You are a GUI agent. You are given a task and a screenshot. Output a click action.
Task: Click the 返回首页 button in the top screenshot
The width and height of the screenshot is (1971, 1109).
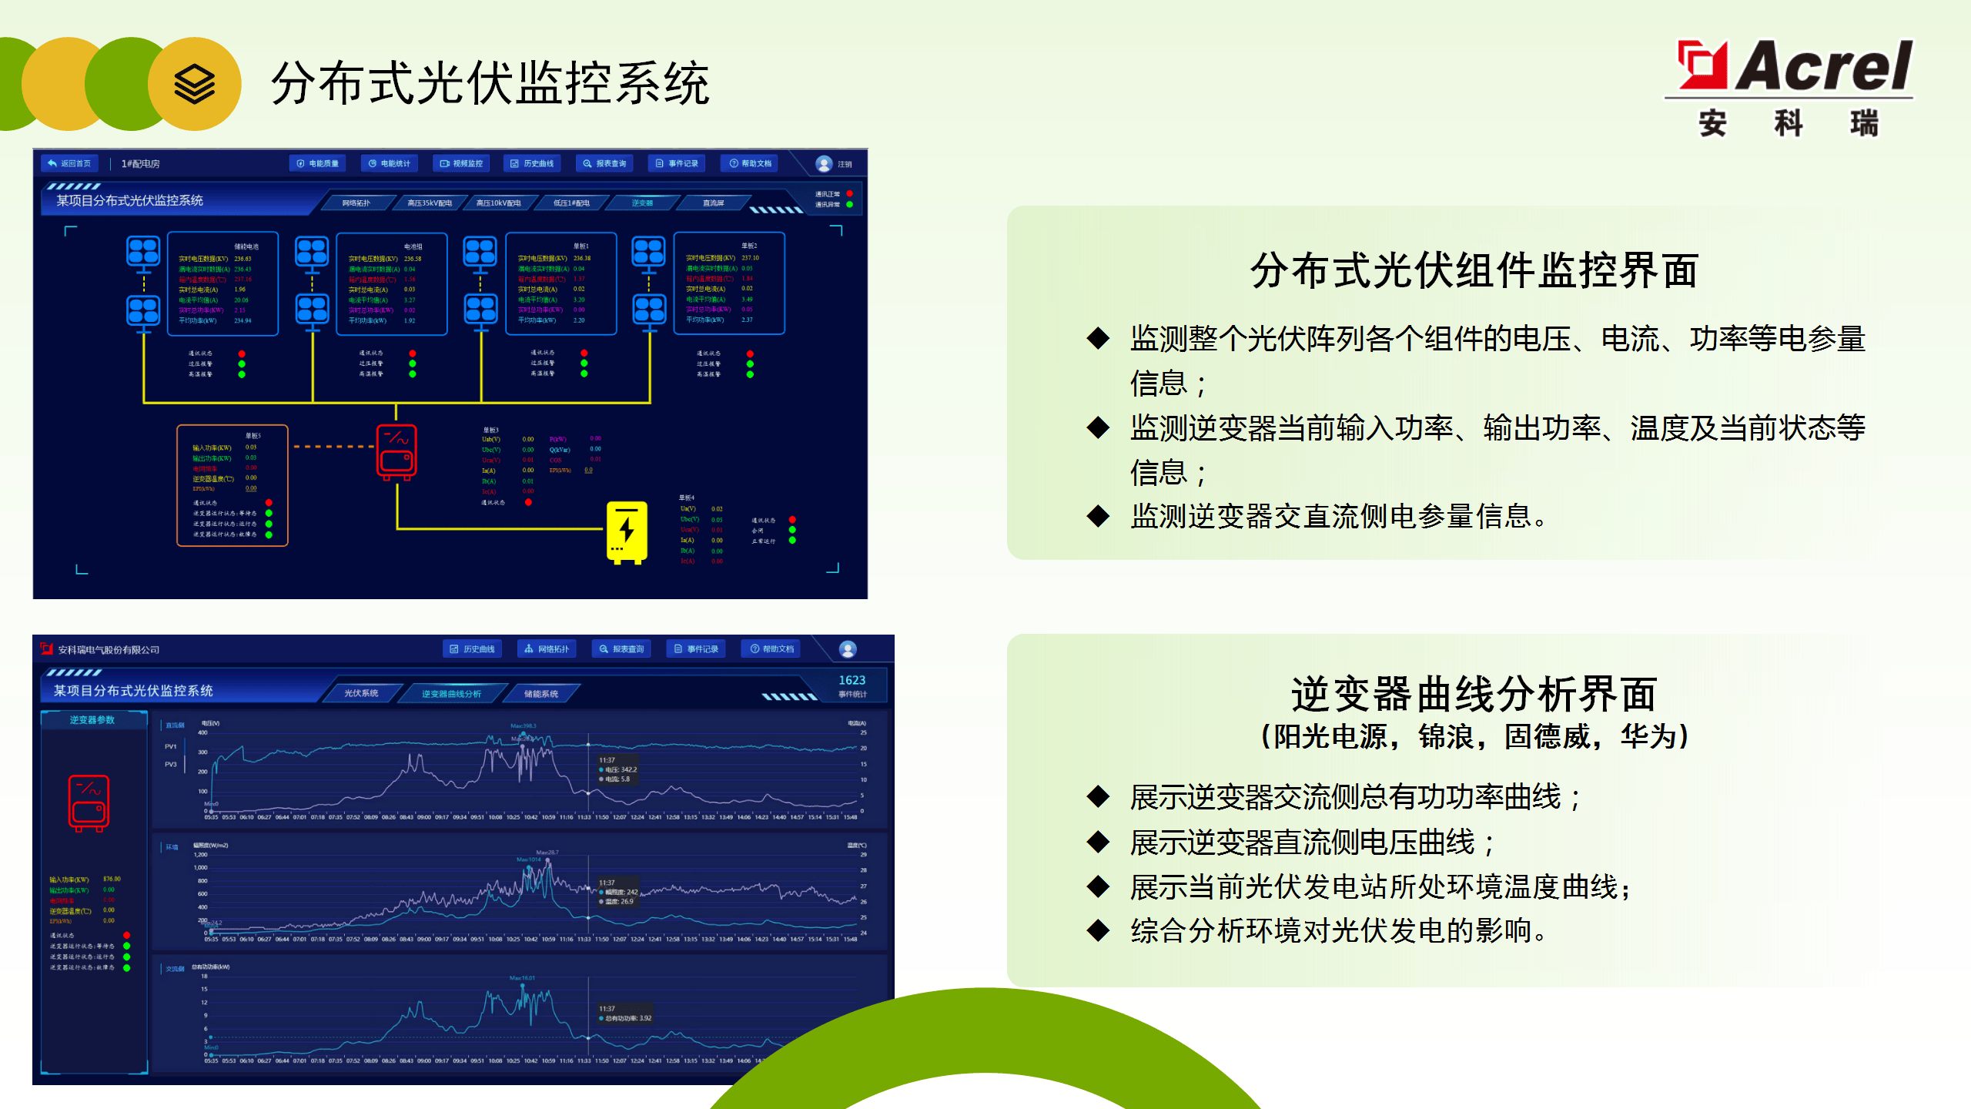[69, 163]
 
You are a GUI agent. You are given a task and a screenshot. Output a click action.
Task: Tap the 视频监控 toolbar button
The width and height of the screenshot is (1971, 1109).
[461, 163]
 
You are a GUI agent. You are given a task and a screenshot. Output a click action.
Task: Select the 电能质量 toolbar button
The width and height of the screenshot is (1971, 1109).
[318, 163]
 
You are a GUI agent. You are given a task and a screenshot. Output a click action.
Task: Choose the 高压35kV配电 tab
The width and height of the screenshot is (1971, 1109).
[430, 203]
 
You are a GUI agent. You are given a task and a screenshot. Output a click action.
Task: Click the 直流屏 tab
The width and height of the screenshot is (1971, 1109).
[713, 203]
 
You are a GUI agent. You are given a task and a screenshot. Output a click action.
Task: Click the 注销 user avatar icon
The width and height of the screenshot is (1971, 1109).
[824, 164]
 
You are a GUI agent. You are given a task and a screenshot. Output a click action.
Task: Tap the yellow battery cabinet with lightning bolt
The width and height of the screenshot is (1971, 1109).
[627, 532]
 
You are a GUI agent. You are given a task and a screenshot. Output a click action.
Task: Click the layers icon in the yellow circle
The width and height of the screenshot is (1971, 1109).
[194, 84]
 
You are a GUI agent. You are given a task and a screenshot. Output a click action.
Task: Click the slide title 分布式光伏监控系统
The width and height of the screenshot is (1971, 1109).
[490, 83]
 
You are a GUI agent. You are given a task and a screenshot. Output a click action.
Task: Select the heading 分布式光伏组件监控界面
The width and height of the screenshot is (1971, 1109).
[1474, 270]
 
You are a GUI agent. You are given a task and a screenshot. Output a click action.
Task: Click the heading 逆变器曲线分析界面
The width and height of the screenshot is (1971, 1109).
[1474, 694]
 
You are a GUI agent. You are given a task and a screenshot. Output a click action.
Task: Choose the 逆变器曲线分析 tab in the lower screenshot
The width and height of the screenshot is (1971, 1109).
[451, 694]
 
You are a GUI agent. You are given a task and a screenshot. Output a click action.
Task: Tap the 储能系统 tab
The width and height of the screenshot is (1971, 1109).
[541, 694]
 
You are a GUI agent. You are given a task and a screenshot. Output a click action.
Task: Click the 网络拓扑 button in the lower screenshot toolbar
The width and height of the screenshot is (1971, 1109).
[547, 649]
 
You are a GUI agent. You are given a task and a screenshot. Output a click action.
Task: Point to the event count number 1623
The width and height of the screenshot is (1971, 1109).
[852, 680]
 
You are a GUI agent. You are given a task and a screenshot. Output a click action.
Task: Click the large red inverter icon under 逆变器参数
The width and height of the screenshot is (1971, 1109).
[89, 803]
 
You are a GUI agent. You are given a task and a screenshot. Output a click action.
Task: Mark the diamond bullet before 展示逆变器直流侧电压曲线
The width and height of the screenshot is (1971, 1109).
[1098, 842]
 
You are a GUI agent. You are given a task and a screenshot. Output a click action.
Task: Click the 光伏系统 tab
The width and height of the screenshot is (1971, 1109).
[361, 694]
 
